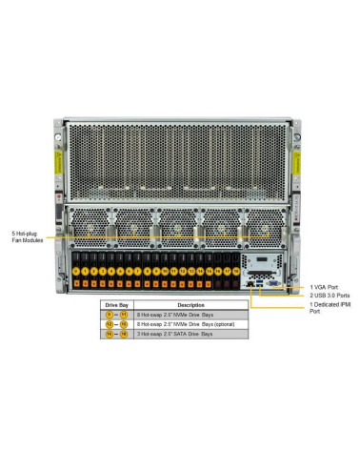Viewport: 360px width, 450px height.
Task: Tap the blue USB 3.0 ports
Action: (259, 283)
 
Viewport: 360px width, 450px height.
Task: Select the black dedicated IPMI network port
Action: (250, 283)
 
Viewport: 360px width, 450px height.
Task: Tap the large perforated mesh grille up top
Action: (180, 157)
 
